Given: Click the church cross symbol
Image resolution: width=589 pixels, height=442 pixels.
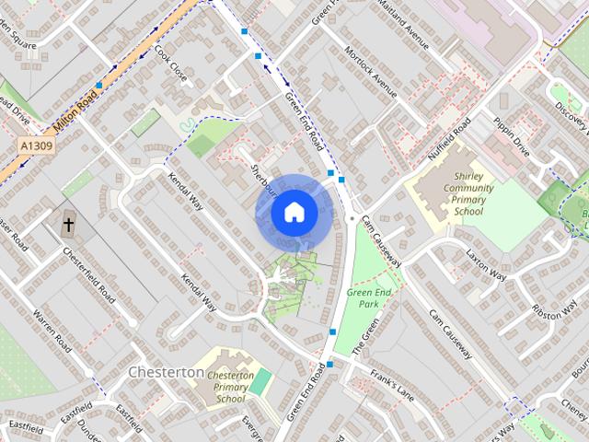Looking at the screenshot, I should click(x=69, y=225).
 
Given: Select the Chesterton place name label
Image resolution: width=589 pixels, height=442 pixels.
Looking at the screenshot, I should click(x=167, y=372).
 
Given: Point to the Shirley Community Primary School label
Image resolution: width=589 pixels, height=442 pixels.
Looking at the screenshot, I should click(x=468, y=192).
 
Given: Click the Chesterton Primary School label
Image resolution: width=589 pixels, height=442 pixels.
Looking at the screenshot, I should click(x=230, y=387).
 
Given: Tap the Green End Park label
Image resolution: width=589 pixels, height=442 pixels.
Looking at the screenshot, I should click(x=364, y=297).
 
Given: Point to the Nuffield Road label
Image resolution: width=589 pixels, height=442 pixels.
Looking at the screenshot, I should click(x=449, y=138).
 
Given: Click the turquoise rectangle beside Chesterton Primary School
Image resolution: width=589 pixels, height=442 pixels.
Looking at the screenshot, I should click(x=261, y=380).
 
